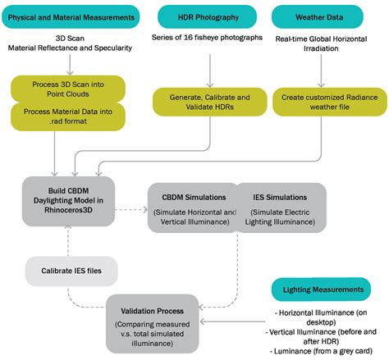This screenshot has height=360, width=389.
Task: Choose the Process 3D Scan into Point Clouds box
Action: click(x=68, y=89)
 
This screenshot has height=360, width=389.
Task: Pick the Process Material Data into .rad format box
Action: click(x=68, y=116)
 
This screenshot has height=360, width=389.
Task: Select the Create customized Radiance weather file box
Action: click(x=325, y=102)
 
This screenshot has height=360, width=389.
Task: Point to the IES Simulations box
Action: click(x=281, y=207)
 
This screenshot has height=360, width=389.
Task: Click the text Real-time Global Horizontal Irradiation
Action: click(x=325, y=44)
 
